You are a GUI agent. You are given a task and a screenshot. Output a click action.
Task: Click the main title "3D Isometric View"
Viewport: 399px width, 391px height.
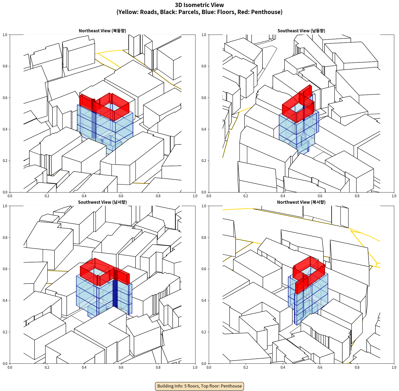(x=199, y=5)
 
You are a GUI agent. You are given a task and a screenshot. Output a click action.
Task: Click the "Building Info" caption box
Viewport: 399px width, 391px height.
(x=199, y=386)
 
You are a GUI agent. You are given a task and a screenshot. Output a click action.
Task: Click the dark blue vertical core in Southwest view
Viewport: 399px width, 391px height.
(x=115, y=293)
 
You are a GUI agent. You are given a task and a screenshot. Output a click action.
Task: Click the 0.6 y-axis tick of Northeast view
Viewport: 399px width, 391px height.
(x=5, y=98)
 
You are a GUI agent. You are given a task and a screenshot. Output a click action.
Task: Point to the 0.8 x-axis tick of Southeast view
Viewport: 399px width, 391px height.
(x=357, y=196)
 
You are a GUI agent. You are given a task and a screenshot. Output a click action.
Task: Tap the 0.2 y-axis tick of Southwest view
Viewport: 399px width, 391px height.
(x=5, y=332)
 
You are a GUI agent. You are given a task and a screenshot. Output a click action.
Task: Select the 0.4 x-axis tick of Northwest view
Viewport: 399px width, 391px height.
(x=283, y=367)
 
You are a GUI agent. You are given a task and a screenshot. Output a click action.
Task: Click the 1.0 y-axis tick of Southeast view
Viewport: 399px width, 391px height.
(x=204, y=35)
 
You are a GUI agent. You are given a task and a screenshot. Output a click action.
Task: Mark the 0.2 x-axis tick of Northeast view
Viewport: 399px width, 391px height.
(x=47, y=196)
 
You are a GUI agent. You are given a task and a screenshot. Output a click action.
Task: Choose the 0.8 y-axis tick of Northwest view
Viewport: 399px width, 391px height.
(x=204, y=238)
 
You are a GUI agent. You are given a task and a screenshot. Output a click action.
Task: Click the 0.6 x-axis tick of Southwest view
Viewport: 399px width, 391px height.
(x=121, y=367)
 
